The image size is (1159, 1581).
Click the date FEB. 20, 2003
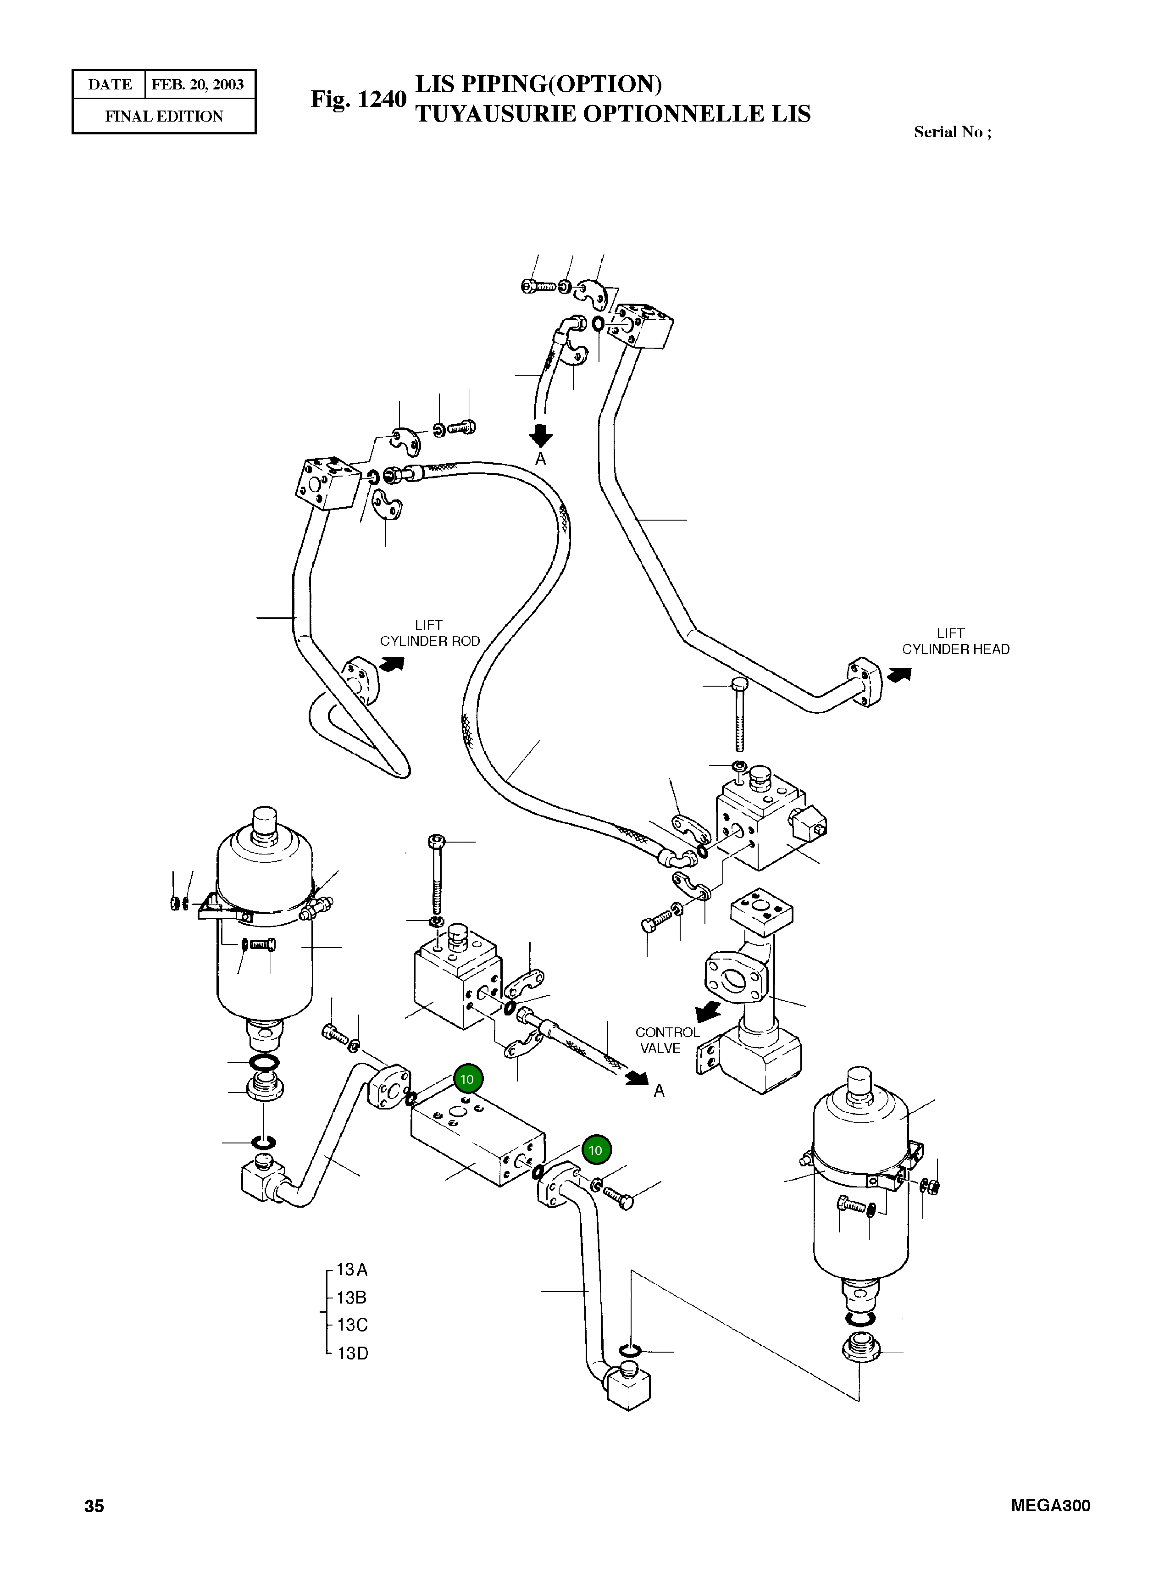197,85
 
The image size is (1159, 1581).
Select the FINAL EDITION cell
164,116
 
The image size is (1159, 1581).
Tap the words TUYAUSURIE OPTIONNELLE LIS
612,114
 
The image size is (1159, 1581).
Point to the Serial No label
952,132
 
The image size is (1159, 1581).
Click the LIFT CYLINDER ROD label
429,633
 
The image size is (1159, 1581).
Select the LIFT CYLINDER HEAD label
955,642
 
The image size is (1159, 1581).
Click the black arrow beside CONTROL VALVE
708,1011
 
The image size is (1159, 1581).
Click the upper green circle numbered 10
467,1080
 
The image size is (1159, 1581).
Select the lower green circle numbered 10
596,1150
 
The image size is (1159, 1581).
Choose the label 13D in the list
352,1353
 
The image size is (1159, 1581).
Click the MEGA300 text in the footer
1050,1505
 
